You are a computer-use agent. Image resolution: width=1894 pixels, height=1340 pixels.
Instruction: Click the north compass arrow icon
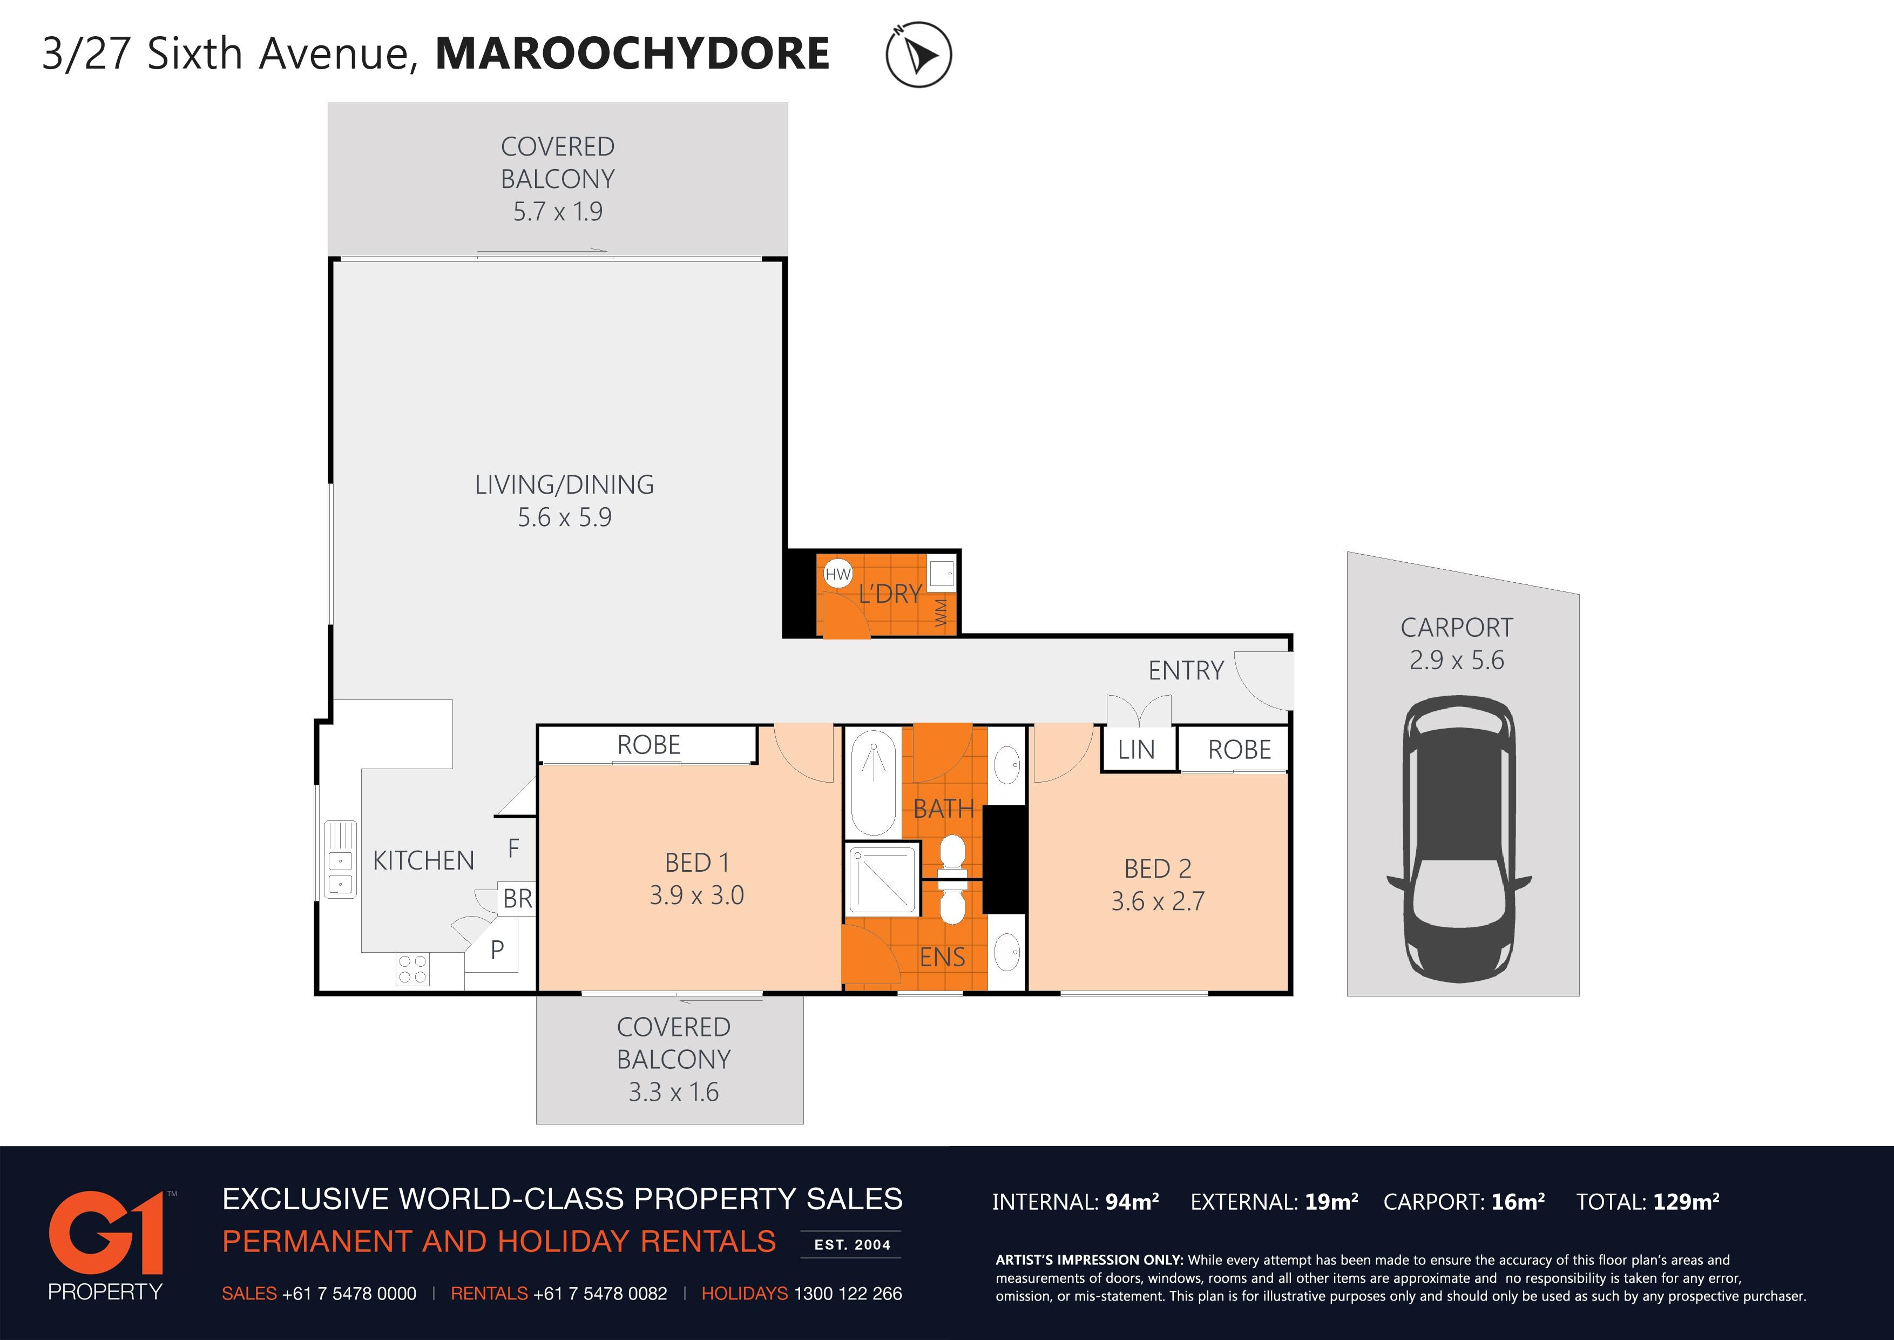(918, 55)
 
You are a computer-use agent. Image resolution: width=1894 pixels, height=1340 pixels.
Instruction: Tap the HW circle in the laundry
(837, 574)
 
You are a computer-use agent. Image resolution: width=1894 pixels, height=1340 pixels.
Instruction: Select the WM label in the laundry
(941, 612)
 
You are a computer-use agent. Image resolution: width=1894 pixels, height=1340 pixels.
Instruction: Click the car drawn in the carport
(1458, 834)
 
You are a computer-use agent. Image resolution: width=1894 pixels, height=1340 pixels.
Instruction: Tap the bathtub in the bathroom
(872, 782)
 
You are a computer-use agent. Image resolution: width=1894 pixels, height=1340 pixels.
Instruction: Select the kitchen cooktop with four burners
(412, 969)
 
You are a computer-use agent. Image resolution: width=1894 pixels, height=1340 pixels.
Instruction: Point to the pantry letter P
(497, 950)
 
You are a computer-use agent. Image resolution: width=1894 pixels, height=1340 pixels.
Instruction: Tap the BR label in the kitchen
(518, 899)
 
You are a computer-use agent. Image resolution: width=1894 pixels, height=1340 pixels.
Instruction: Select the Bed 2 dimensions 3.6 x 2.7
(1158, 901)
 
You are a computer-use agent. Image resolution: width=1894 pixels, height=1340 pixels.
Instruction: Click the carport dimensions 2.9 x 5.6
(1457, 660)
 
